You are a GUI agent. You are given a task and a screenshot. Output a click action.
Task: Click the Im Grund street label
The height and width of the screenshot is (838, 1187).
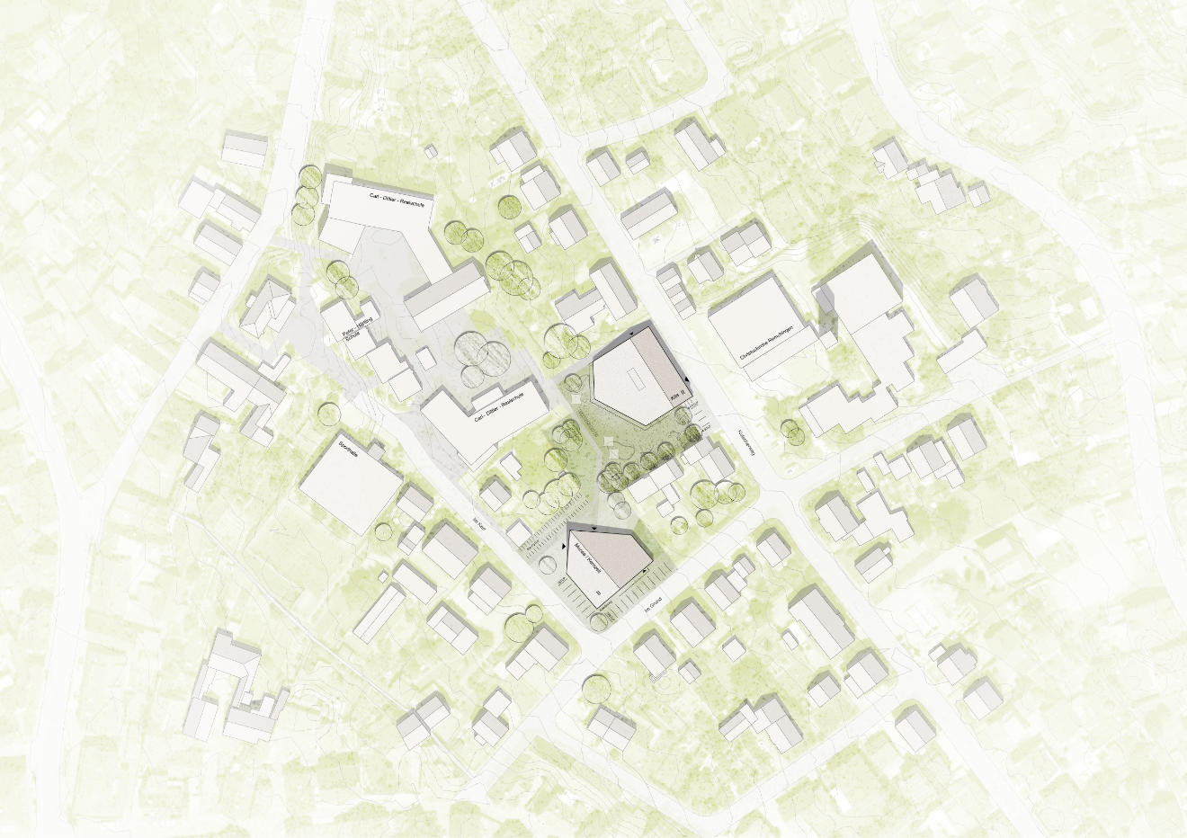pyautogui.click(x=648, y=608)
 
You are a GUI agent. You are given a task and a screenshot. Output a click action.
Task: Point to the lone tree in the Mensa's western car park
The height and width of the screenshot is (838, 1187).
pyautogui.click(x=547, y=564)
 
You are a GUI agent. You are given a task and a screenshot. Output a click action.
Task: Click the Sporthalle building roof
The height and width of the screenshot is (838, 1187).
pyautogui.click(x=351, y=486)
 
